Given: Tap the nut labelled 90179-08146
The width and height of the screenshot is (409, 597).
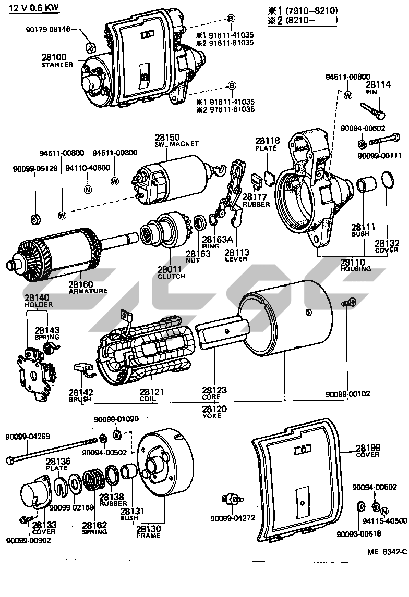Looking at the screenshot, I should coord(89,48).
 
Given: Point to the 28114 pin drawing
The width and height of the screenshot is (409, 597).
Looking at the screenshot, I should coord(371,110).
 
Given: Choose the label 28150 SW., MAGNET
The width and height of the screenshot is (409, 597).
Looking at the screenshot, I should coord(169,138).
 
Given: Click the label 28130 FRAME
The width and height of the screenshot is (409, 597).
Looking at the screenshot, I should coord(148,531).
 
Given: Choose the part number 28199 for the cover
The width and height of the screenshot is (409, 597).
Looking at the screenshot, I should coord(368,447).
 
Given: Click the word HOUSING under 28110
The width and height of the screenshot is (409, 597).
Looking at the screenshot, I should coord(355,269).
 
